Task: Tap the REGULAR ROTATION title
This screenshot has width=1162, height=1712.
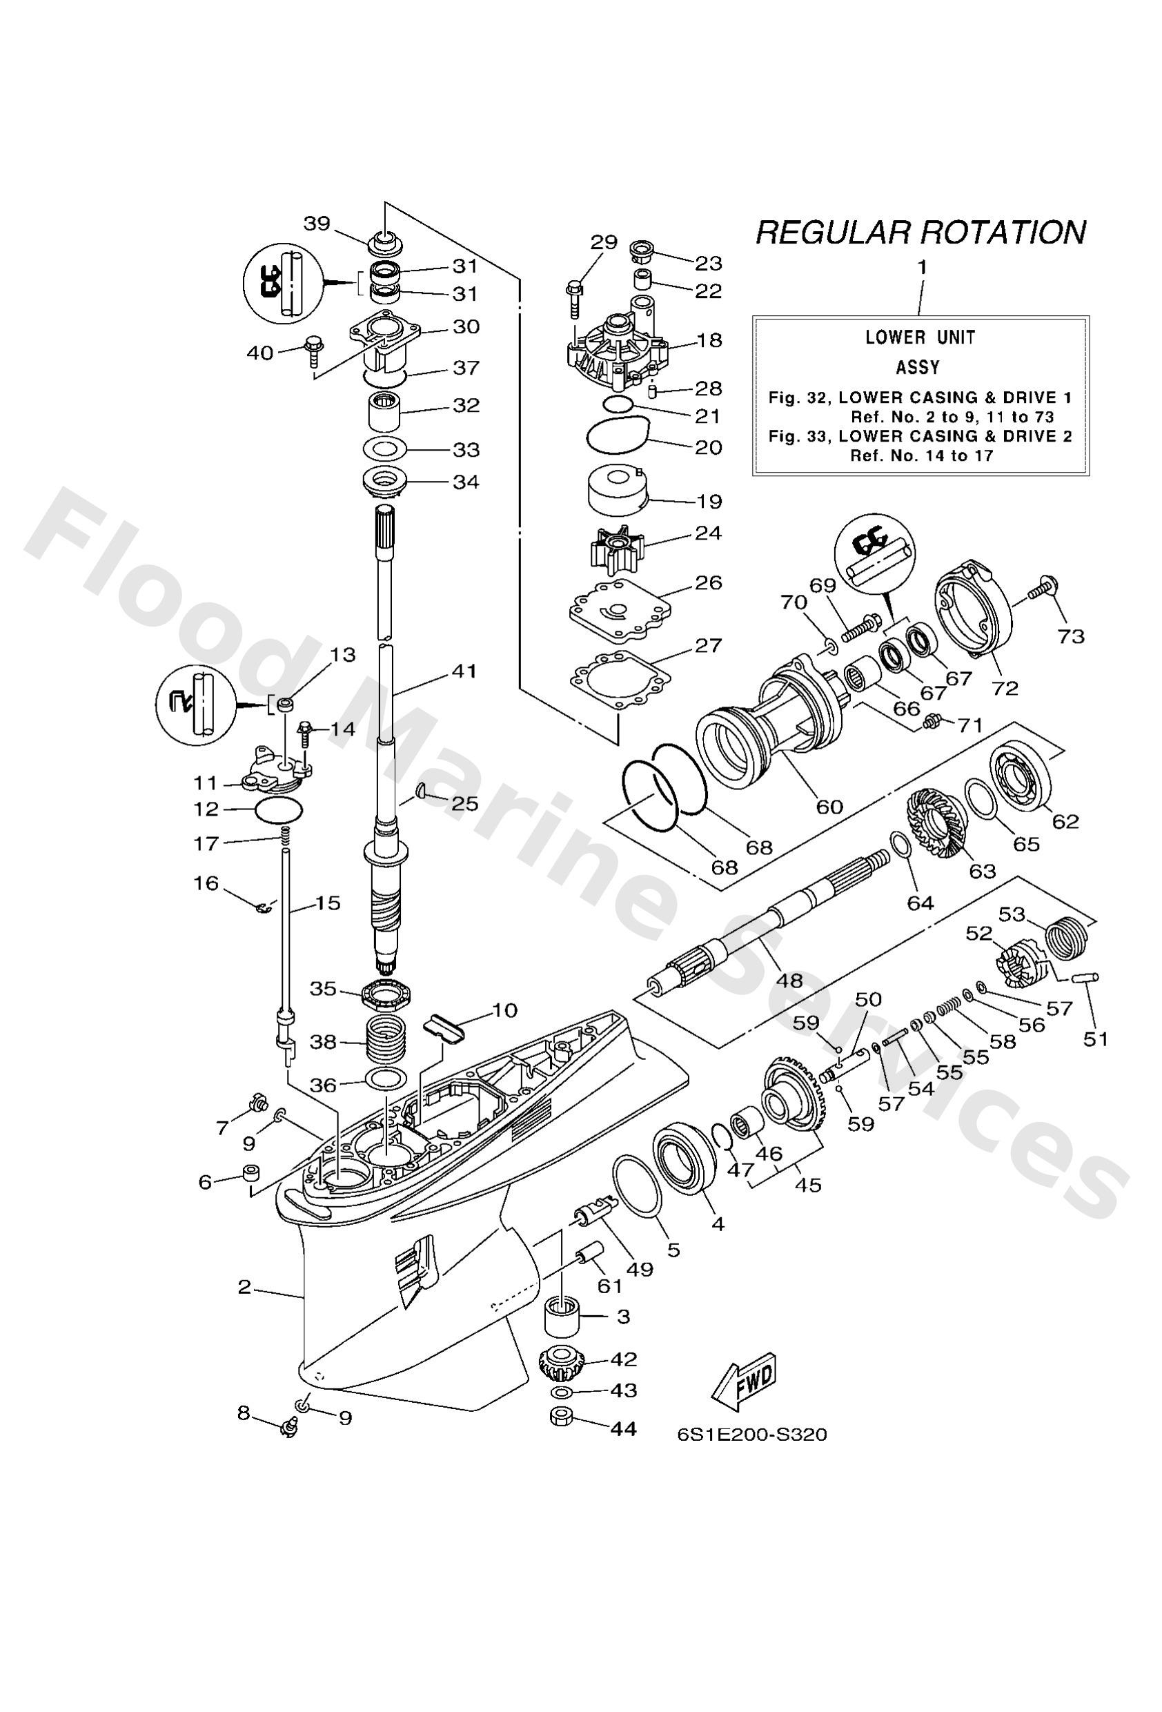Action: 920,233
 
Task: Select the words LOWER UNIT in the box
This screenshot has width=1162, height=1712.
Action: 920,337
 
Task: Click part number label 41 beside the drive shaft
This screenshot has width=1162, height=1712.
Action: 464,672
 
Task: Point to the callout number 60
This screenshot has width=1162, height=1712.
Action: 829,807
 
